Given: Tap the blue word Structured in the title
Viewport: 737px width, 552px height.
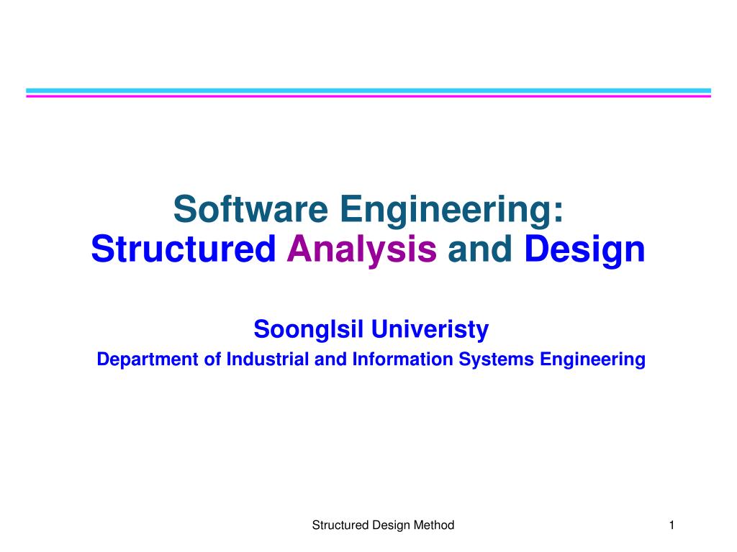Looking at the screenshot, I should click(x=184, y=249).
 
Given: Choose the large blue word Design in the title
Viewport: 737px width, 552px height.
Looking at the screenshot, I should click(x=584, y=250).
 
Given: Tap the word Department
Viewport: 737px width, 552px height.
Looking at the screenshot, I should click(x=147, y=359).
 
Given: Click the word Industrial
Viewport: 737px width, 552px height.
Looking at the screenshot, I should click(x=268, y=359).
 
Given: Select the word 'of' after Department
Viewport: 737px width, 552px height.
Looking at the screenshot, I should click(x=212, y=359).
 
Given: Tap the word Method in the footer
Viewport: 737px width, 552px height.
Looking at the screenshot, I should click(x=434, y=525).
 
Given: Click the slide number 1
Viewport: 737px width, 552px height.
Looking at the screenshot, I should click(x=671, y=525).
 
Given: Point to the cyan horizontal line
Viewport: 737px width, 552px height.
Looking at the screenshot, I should click(x=368, y=91).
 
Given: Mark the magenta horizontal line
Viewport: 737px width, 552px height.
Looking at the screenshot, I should click(x=368, y=96).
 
